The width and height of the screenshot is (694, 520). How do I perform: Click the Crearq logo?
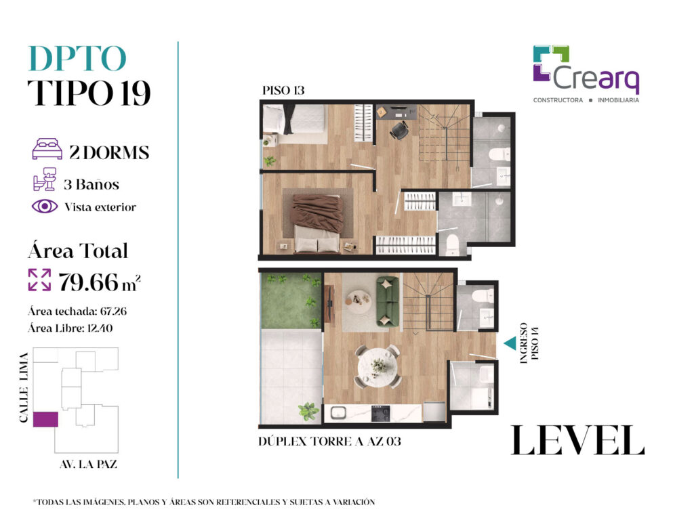tap(586, 74)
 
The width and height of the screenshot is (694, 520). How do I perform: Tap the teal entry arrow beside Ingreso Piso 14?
tap(510, 343)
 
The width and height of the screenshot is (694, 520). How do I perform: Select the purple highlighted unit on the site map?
tap(45, 419)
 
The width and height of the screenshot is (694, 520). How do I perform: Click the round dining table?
tap(377, 366)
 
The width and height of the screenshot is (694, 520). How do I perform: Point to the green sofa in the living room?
tap(387, 301)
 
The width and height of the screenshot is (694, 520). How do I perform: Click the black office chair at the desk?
tap(400, 130)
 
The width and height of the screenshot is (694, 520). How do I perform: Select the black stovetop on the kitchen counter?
tap(381, 414)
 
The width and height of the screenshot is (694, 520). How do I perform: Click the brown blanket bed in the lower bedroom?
tap(318, 223)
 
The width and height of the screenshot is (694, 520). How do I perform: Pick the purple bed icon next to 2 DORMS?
tap(47, 149)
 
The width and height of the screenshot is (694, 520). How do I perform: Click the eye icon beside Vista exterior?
tap(45, 206)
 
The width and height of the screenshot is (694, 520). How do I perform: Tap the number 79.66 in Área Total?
tap(89, 282)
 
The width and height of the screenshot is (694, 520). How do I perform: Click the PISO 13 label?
tap(283, 91)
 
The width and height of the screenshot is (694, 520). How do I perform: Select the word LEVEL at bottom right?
tap(577, 440)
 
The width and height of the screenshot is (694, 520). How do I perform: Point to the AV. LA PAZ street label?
tap(89, 464)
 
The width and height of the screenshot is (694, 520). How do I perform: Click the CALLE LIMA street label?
tap(24, 387)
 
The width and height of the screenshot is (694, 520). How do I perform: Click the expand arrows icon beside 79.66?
tap(39, 280)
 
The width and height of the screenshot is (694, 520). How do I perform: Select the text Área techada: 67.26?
tap(77, 311)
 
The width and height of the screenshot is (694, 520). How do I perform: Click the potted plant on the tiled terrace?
tap(308, 411)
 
